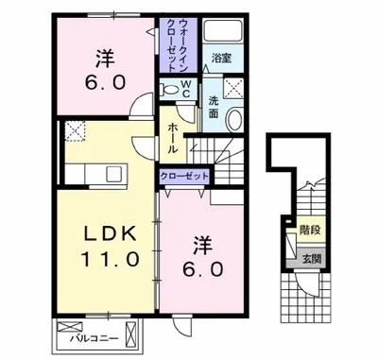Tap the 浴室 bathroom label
pos(221,59)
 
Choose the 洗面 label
pos(215,107)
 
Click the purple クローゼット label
pos(184,175)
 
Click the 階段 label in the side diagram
pos(308,229)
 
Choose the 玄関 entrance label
pos(308,257)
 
